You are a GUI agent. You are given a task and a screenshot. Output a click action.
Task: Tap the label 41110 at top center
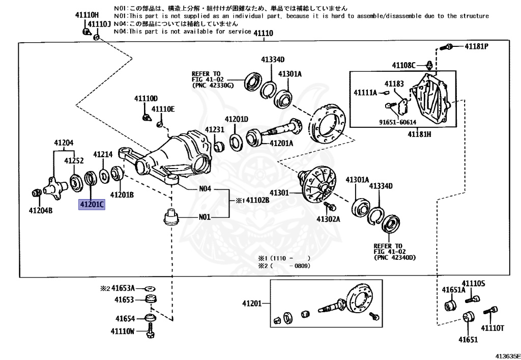[264, 34]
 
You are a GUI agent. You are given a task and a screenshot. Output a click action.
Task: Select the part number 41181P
[476, 46]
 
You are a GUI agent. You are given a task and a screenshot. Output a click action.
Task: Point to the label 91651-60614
[400, 122]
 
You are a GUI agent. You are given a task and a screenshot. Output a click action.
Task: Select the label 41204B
[41, 210]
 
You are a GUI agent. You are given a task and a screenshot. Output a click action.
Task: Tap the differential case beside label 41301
[319, 184]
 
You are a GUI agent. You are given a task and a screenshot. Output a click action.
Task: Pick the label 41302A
[328, 219]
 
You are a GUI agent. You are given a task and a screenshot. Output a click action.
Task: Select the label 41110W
[122, 331]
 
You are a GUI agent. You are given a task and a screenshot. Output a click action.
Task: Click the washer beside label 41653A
[150, 289]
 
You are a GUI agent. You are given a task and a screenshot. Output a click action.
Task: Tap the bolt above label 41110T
[492, 311]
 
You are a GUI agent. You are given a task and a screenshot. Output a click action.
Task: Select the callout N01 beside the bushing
[205, 217]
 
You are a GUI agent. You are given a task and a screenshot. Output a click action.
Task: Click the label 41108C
[404, 65]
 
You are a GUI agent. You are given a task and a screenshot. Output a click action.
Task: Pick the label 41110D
[146, 98]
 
